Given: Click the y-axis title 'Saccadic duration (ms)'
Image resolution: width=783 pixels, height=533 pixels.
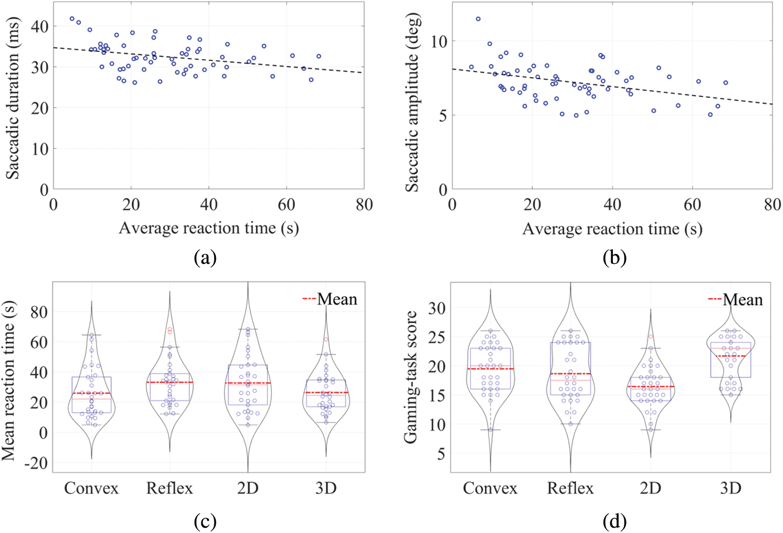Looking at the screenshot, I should tap(12, 98).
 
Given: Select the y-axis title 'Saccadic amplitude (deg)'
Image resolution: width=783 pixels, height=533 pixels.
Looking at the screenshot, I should tap(412, 102).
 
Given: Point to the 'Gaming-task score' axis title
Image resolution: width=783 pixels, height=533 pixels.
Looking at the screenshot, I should tap(411, 377).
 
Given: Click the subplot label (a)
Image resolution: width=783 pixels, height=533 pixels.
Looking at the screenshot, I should tap(204, 257).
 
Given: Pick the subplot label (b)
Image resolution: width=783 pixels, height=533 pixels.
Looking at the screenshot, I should tap(614, 257).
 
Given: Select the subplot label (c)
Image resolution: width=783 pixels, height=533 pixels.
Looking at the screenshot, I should tap(204, 521).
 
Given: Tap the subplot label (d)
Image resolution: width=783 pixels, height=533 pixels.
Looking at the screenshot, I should tap(614, 521).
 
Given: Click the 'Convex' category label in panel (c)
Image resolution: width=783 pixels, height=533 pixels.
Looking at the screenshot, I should tap(92, 488).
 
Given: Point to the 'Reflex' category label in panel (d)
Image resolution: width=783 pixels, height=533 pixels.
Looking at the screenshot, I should tap(570, 488).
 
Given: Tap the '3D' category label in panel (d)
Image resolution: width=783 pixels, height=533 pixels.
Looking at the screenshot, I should tap(730, 488).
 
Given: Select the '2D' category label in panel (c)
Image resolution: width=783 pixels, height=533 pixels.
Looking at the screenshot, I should tap(248, 488).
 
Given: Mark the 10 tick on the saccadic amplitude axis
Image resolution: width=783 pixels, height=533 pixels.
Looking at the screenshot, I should tap(439, 41).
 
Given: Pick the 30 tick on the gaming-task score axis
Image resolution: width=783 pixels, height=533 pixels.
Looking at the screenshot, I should tap(437, 308).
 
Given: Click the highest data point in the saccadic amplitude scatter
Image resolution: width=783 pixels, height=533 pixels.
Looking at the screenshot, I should tap(478, 19).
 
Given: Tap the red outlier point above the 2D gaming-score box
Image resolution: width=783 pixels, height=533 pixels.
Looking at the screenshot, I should tap(650, 337).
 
